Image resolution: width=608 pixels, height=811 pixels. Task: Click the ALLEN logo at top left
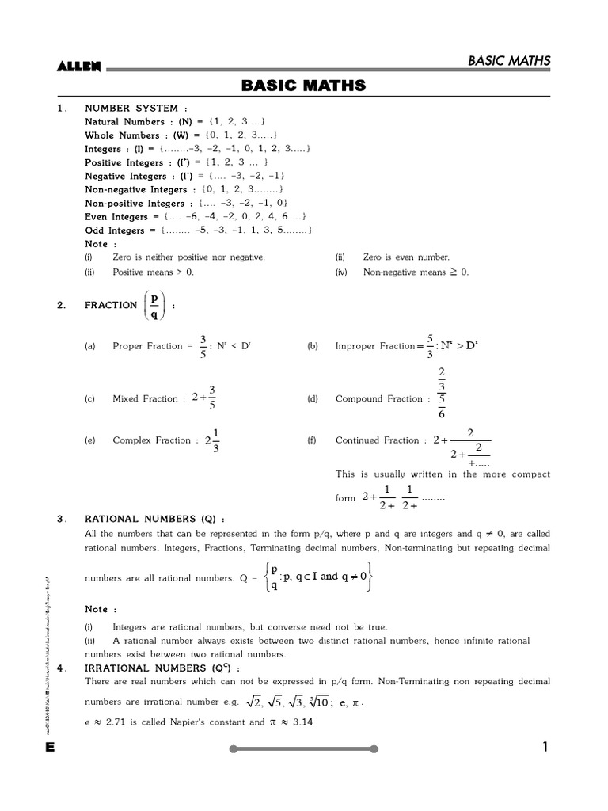pos(79,67)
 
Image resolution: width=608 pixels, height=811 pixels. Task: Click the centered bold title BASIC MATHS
pos(303,86)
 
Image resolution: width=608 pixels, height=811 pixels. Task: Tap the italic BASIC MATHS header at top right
pos(509,61)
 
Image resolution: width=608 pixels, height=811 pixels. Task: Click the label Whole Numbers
pos(121,135)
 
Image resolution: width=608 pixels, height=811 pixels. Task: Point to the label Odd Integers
pos(115,230)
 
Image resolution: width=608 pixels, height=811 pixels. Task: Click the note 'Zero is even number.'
pos(406,257)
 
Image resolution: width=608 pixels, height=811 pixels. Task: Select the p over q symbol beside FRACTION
pos(154,305)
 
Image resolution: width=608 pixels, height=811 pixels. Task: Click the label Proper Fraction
pos(148,346)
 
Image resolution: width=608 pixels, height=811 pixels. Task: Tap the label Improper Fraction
pos(374,346)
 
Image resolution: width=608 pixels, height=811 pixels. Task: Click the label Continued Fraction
pos(377,440)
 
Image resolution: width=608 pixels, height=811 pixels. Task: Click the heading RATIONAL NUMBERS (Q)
pos(154,519)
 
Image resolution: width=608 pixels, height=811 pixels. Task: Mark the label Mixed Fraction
pos(145,399)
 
